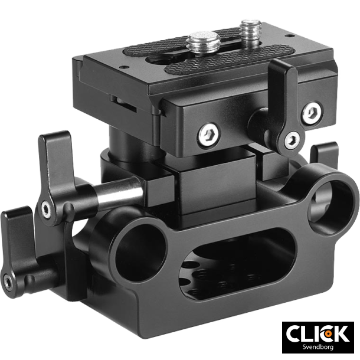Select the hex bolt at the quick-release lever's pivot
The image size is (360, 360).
pos(290,140)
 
